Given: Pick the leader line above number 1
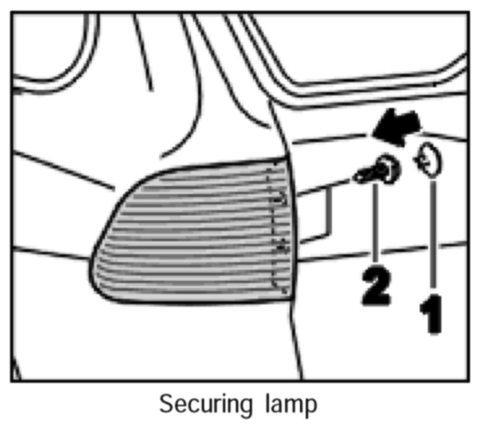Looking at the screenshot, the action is pyautogui.click(x=433, y=235).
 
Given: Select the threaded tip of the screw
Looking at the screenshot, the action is pyautogui.click(x=360, y=176).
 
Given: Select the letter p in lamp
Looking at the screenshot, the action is pyautogui.click(x=310, y=407).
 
